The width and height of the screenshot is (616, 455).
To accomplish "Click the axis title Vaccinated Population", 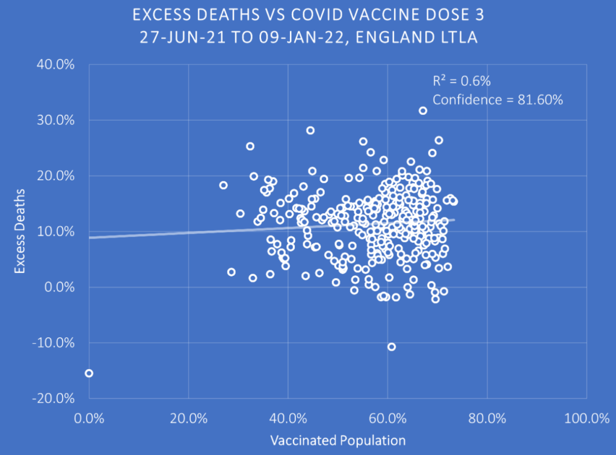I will [x=337, y=440].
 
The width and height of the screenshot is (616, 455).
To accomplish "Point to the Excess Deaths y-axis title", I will [x=20, y=231].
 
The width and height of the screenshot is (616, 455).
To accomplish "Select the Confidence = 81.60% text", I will [x=497, y=100].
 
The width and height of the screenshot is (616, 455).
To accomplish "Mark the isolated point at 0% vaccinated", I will [x=89, y=373].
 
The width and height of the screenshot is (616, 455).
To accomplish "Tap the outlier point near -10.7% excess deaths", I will [x=392, y=347].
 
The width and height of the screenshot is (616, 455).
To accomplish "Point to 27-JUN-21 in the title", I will [x=174, y=37].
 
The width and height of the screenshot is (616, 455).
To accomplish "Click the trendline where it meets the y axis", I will [x=90, y=237].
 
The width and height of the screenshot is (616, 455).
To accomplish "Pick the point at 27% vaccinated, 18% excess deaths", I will [x=223, y=185].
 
